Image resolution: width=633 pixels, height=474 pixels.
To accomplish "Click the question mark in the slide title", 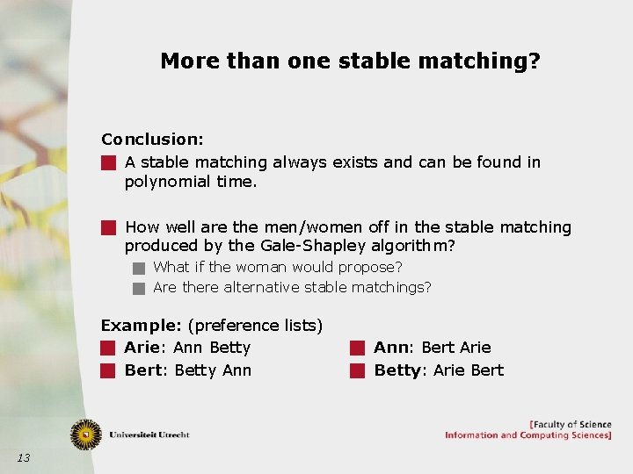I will (534, 61).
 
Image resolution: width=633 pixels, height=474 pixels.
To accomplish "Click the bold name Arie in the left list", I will (141, 348).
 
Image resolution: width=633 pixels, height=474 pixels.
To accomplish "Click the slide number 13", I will (24, 457).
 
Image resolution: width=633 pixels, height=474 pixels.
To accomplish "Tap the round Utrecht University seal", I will (86, 434).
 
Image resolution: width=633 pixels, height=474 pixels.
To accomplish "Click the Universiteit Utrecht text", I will (149, 434).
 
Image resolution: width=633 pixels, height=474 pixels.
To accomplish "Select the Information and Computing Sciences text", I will (527, 435).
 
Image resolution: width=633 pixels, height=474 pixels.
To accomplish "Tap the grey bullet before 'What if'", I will (138, 267).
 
